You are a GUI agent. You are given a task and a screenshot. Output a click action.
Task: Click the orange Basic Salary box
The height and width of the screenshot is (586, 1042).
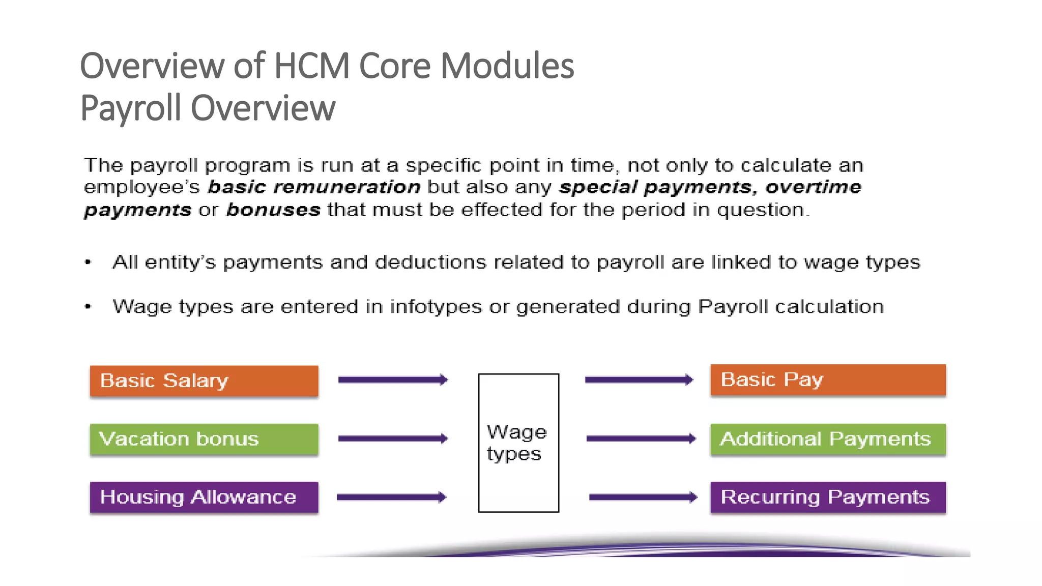[204, 380]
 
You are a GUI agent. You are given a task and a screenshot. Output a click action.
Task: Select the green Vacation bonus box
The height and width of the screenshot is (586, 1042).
[204, 439]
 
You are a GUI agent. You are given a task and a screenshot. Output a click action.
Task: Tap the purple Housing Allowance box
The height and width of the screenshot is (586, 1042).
[204, 497]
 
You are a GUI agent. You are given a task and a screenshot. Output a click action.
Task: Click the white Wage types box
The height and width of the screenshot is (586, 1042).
[518, 443]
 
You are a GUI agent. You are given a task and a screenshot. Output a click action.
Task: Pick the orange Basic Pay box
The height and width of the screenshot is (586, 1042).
[828, 379]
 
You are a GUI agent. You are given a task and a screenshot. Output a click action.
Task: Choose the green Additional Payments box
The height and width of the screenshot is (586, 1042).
[828, 439]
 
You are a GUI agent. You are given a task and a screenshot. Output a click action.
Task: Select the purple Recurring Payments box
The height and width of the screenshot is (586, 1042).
[828, 497]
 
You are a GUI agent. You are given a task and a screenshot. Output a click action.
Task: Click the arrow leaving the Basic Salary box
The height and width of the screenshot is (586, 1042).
[393, 379]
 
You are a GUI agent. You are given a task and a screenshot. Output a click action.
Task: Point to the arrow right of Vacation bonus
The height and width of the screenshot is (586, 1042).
[393, 438]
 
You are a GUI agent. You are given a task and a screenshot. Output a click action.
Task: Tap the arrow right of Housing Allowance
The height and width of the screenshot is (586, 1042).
[391, 497]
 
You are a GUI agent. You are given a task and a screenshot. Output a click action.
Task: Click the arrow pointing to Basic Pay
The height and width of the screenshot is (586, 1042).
[639, 379]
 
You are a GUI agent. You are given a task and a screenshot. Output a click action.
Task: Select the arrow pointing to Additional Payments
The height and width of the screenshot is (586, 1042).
[641, 438]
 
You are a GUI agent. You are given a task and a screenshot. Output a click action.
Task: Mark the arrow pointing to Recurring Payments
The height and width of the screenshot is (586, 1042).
[643, 497]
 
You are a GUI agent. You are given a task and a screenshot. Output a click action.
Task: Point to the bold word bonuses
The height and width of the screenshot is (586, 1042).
[273, 210]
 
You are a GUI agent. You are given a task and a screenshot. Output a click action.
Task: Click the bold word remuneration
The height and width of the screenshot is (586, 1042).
[346, 187]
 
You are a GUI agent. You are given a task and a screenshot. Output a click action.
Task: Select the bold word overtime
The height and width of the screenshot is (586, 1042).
[813, 187]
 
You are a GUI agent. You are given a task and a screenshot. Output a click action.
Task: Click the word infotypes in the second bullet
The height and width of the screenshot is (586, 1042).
[436, 307]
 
